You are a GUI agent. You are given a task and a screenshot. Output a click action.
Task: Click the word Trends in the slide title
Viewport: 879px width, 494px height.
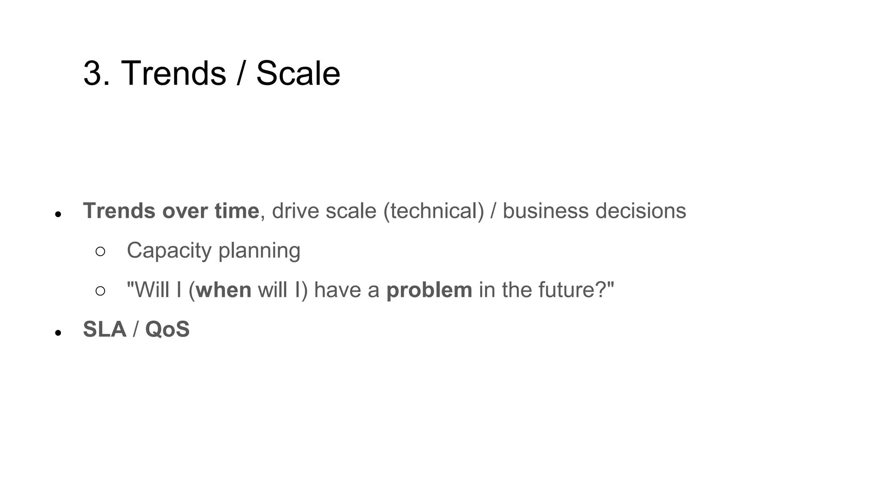173,73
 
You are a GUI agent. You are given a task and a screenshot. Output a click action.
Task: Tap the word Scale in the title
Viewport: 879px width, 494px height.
298,73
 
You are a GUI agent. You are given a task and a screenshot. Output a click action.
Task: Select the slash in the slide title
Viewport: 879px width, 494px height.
241,73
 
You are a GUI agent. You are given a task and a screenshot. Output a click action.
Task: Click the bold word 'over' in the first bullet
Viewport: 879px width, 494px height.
185,211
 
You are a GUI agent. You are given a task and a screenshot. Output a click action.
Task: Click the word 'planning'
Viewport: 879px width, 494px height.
259,250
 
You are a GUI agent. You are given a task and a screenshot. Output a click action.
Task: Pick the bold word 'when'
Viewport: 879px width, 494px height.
223,290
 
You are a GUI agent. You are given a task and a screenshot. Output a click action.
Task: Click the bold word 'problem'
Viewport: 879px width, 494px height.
429,290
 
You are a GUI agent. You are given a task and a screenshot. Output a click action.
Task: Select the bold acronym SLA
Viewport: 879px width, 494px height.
104,329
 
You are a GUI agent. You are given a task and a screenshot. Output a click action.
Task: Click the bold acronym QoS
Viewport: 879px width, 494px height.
167,329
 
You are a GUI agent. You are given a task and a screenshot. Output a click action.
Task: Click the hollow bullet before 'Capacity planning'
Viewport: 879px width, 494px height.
100,252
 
